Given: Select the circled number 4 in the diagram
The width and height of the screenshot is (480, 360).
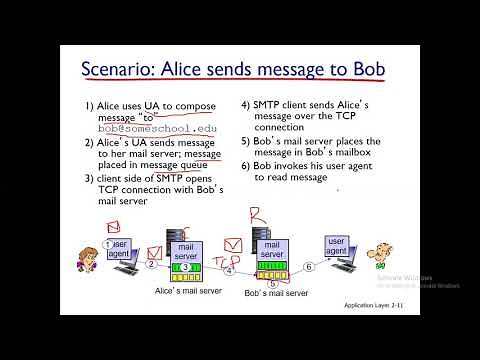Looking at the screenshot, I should pos(228,270).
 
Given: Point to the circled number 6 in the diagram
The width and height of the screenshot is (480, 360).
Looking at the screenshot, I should pos(310,266).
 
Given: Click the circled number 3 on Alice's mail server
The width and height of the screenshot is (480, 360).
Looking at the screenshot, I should pos(186,268).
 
